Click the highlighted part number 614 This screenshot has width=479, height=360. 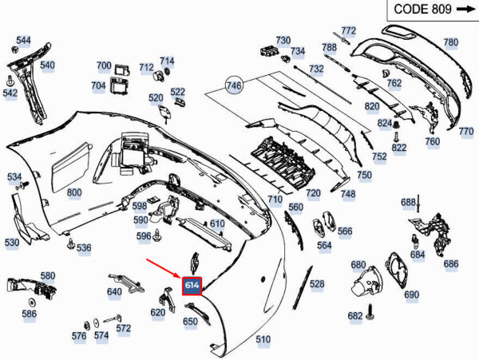click(x=192, y=286)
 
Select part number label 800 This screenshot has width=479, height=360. click(x=74, y=192)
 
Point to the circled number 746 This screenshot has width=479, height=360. click(x=234, y=85)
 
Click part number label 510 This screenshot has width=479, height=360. click(x=263, y=339)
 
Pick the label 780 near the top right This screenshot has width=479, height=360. click(x=451, y=42)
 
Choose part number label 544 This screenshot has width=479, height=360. click(x=24, y=41)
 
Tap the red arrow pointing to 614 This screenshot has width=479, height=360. click(x=163, y=269)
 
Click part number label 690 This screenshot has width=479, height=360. click(x=411, y=295)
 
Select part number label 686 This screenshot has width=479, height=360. click(x=451, y=263)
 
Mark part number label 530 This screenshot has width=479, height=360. click(x=12, y=242)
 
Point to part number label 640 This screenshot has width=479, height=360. click(x=114, y=292)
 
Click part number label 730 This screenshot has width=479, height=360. click(x=283, y=40)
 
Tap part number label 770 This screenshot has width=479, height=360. click(x=466, y=131)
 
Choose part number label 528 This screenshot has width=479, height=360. click(x=317, y=284)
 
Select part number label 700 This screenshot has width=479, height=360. click(x=104, y=65)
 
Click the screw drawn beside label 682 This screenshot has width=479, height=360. click(x=372, y=314)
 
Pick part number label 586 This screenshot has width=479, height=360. click(x=30, y=315)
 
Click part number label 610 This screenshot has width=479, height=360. click(x=217, y=224)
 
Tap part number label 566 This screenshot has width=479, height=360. click(x=345, y=231)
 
